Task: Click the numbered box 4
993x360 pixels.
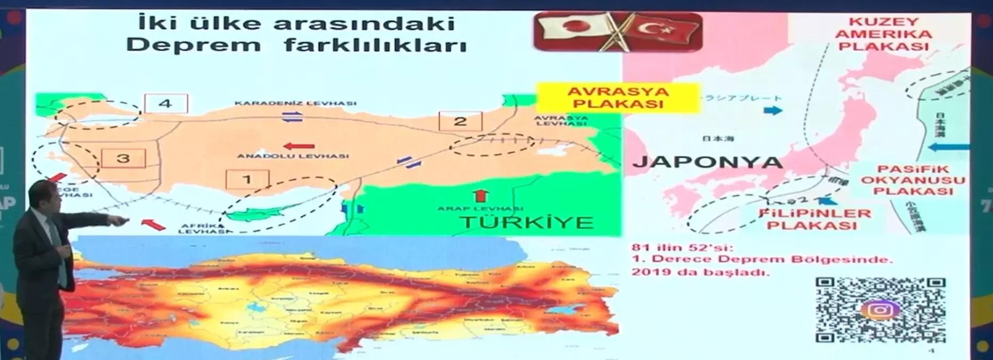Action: click(x=165, y=103)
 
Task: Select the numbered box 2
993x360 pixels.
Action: click(x=460, y=122)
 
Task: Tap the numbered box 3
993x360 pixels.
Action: click(x=123, y=158)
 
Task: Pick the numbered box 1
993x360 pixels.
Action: click(x=247, y=179)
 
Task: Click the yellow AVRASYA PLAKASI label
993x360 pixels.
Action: click(x=617, y=97)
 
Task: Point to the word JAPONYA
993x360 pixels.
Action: click(x=707, y=162)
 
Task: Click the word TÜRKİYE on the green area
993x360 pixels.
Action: click(x=527, y=222)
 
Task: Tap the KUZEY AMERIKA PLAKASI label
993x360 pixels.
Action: click(x=884, y=34)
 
